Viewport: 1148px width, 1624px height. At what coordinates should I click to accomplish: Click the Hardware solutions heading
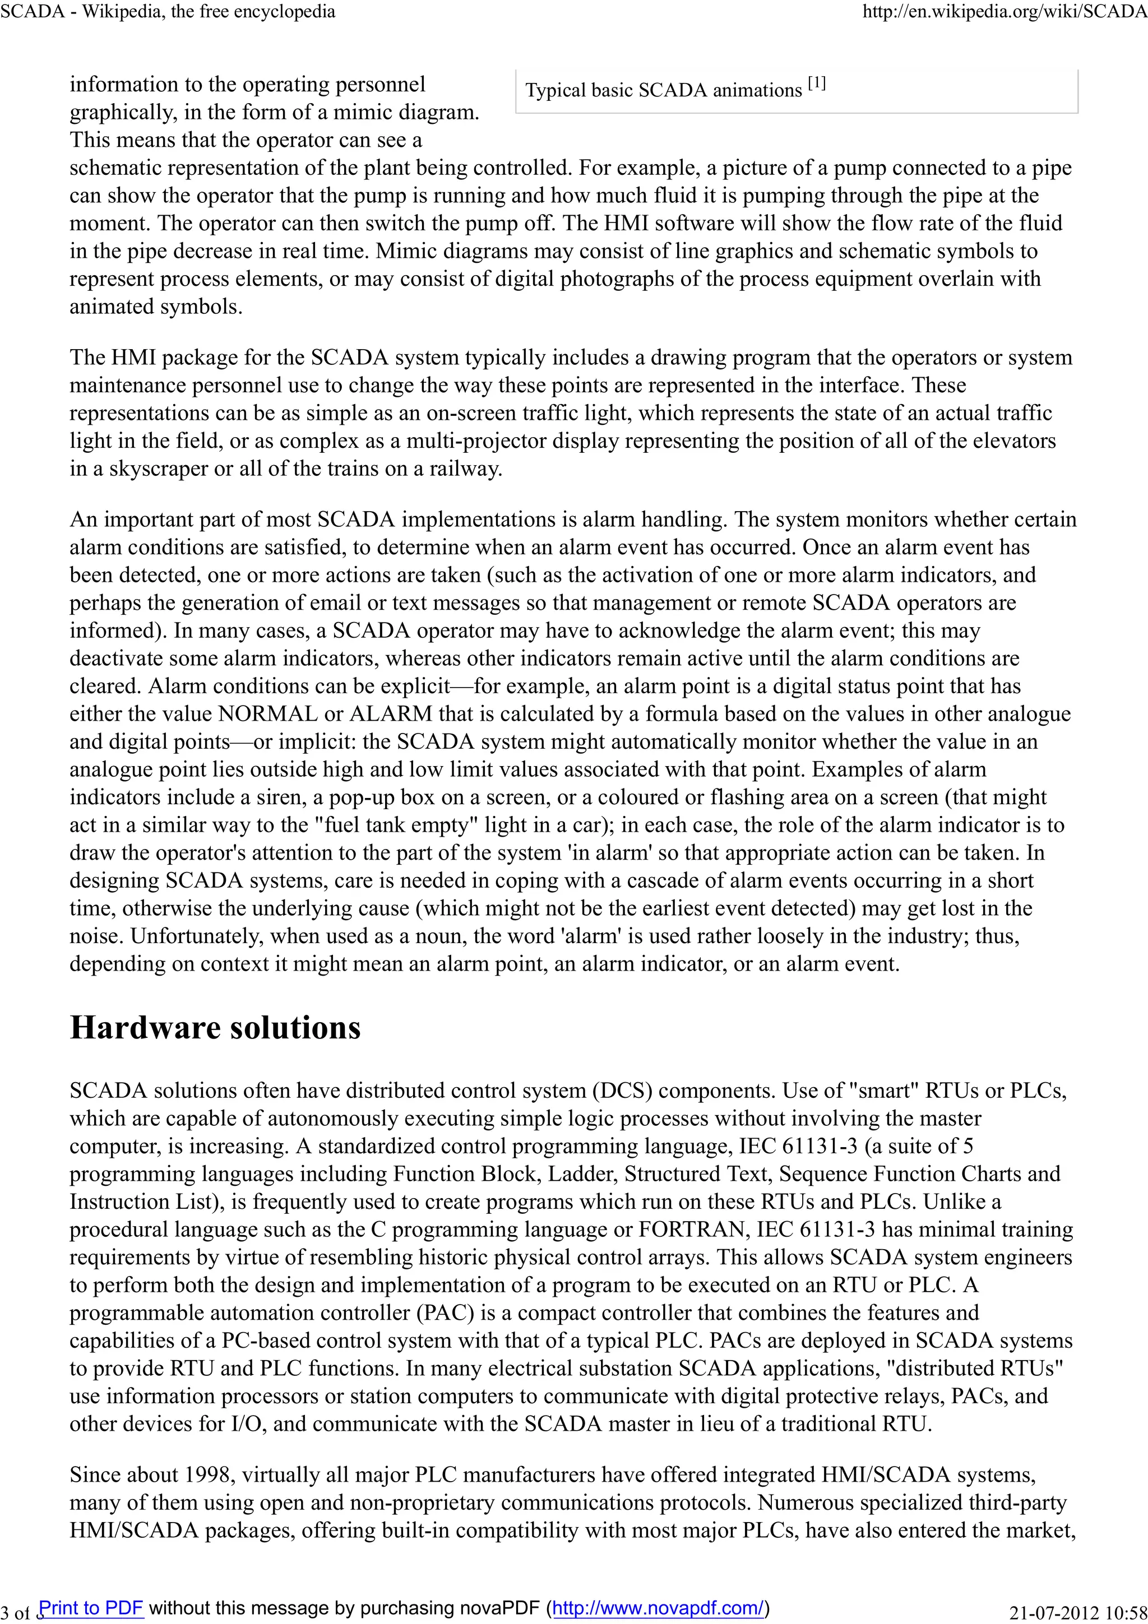215,1028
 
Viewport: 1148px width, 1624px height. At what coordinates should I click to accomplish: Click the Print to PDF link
91,1608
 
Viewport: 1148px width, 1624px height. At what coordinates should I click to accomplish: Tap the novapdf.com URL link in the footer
658,1608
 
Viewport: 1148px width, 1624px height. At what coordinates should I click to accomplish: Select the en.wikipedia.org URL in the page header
1004,11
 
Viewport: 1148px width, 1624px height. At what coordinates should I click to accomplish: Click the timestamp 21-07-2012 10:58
1077,1613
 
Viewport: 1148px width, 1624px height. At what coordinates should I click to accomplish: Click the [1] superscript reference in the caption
816,84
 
